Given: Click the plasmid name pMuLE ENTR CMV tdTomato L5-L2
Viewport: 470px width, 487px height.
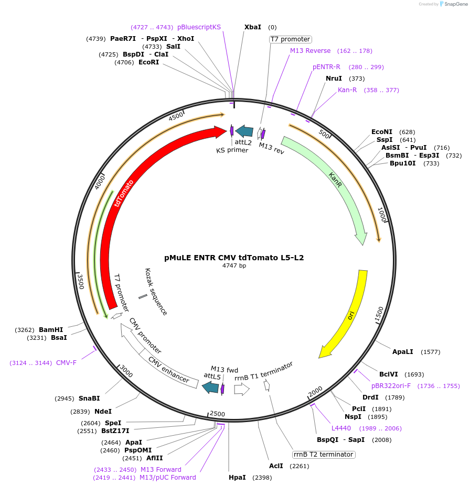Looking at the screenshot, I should pos(234,258).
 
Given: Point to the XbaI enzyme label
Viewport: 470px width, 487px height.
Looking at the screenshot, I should pos(253,27).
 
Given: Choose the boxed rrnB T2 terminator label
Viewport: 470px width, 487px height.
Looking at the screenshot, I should pos(324,455).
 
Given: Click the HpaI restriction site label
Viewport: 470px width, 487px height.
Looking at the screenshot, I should pos(237,478).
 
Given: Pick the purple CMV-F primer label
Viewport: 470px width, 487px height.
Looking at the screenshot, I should pos(66,362).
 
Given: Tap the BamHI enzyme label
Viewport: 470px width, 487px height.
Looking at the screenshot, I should pos(51,330).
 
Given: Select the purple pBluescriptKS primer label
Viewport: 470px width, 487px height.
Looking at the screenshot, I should pos(199,27).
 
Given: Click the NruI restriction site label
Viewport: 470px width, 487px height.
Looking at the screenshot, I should pos(334,79).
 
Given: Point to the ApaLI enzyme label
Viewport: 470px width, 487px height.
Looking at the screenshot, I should pos(403,352).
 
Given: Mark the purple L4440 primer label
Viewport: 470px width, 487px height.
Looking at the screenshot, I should pos(341,428).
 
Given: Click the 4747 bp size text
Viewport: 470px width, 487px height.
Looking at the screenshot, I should pos(234,266).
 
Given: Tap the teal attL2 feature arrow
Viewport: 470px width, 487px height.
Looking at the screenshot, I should pos(244,131).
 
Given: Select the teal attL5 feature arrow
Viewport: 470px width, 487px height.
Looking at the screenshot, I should pos(210,387).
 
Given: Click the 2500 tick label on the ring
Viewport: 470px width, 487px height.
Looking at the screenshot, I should pos(217,414).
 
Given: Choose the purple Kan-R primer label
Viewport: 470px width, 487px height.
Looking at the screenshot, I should pos(347,90).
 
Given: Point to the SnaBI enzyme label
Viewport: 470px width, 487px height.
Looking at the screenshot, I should pos(89,399).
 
